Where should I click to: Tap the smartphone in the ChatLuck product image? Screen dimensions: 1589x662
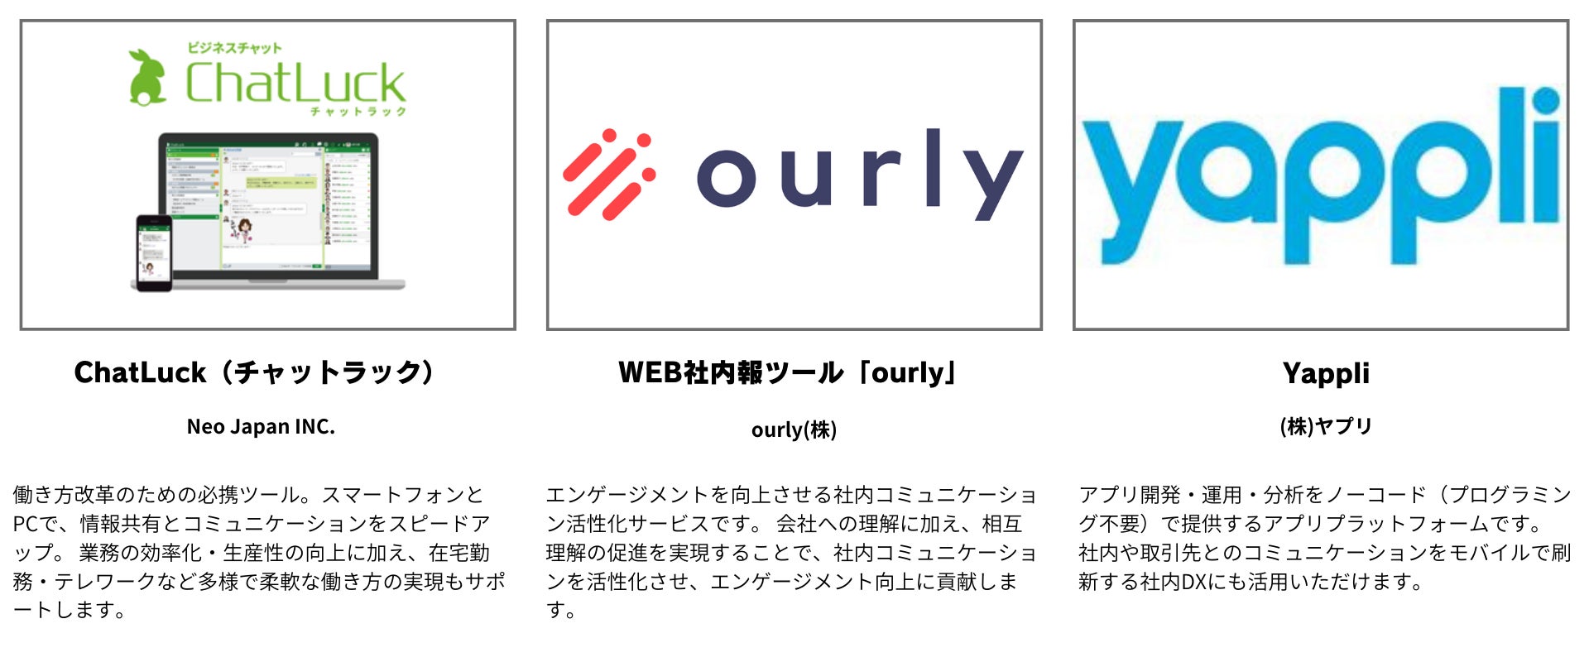coord(154,252)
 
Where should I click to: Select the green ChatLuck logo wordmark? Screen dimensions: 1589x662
coord(295,83)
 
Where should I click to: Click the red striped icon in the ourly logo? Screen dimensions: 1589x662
coord(609,175)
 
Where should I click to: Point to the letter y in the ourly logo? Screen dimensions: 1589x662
coord(996,184)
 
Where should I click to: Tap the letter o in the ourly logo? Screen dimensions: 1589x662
coord(726,177)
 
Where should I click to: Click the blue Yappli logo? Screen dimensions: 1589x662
coord(1321,178)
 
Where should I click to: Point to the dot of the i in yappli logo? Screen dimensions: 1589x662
coord(1545,102)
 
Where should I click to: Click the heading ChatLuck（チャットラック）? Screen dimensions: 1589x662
coord(254,372)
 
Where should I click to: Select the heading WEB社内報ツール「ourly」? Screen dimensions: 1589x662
coord(788,372)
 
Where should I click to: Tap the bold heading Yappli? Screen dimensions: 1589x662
coord(1326,373)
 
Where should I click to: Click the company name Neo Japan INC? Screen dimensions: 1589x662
coord(261,427)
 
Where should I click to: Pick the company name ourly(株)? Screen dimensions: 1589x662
coord(794,429)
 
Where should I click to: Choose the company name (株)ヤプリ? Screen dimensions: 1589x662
coord(1326,427)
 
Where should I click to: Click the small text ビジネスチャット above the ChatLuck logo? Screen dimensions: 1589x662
coord(234,48)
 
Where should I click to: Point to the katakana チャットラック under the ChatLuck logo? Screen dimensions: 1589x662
coord(358,112)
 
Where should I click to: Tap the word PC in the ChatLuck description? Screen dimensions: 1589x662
coord(27,524)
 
